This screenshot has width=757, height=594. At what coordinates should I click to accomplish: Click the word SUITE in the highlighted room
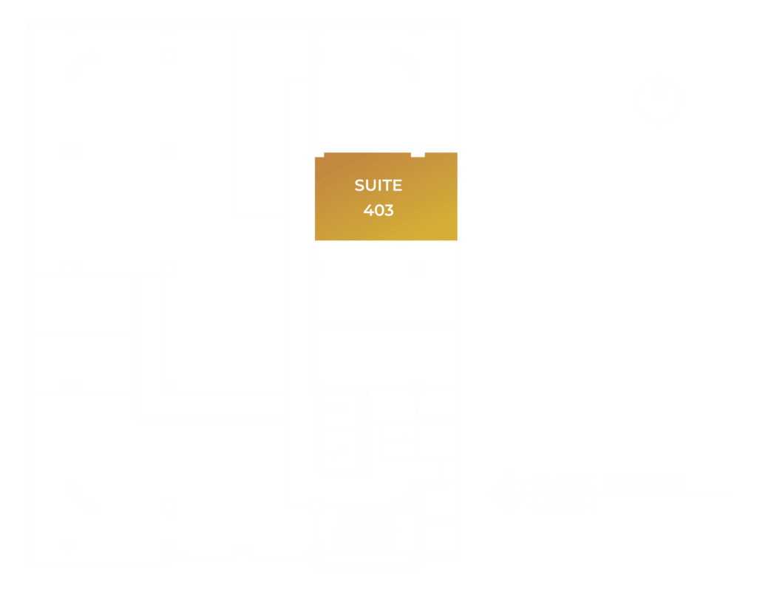[378, 185]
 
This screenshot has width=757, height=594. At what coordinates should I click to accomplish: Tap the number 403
[378, 210]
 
